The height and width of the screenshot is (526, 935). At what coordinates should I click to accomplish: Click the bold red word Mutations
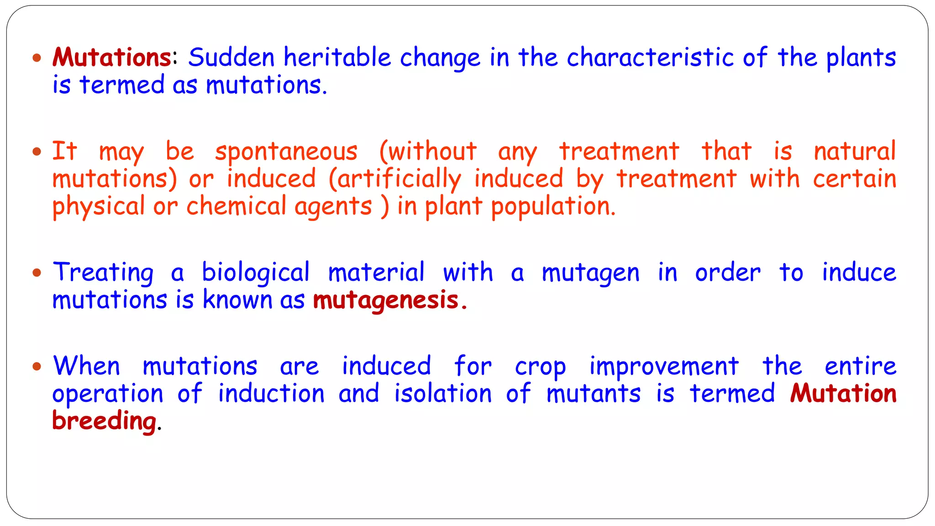coord(112,58)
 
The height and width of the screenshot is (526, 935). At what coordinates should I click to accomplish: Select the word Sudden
coord(231,58)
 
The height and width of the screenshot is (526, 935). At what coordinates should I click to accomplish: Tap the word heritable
coord(337,58)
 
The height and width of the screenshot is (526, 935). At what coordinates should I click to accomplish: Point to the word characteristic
coord(651,58)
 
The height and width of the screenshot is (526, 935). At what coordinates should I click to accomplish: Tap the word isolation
coord(443,394)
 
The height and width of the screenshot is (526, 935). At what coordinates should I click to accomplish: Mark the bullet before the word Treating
coord(37,273)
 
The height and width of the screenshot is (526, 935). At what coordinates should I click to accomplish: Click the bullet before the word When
coord(37,366)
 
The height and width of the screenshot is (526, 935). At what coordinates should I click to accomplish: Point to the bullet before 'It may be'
coord(37,152)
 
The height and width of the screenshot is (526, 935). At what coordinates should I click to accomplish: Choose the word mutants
coord(594,394)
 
